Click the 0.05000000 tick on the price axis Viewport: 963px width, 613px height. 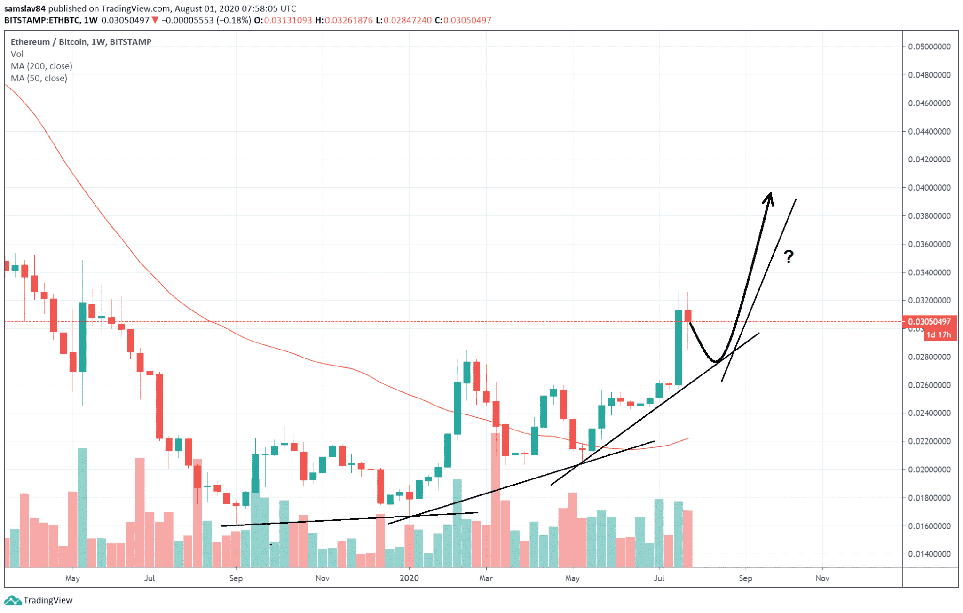pyautogui.click(x=929, y=47)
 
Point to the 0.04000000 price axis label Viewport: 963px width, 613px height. pyautogui.click(x=929, y=188)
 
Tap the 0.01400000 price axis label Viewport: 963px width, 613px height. pyautogui.click(x=929, y=554)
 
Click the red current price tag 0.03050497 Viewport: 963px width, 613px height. pyautogui.click(x=929, y=322)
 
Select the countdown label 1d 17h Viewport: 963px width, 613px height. pyautogui.click(x=938, y=335)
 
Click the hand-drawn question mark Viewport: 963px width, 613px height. pyautogui.click(x=789, y=257)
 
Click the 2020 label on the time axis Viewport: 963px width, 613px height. pyautogui.click(x=409, y=578)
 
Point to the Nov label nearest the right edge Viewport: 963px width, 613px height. pyautogui.click(x=822, y=578)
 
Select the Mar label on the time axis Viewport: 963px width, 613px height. pyautogui.click(x=486, y=578)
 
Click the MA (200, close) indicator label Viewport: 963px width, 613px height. pyautogui.click(x=41, y=66)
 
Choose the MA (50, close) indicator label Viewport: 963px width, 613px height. pyautogui.click(x=39, y=79)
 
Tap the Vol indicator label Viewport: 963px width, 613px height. pyautogui.click(x=17, y=54)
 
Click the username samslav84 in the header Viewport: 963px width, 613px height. pyautogui.click(x=25, y=8)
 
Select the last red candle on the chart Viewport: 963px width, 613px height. pyautogui.click(x=688, y=316)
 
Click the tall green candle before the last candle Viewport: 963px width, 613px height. pyautogui.click(x=679, y=347)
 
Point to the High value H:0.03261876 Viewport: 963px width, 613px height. pyautogui.click(x=344, y=20)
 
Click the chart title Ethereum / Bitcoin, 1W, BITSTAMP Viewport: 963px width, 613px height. pyautogui.click(x=81, y=42)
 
